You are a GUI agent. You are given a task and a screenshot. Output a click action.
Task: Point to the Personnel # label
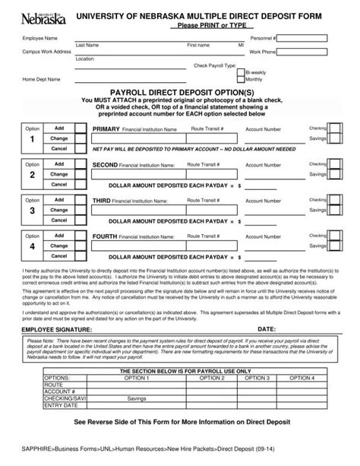[x=262, y=37]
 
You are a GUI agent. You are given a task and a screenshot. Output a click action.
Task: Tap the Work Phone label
[x=262, y=52]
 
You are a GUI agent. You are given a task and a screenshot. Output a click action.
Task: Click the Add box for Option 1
[x=60, y=128]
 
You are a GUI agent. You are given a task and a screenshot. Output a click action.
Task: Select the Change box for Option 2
[x=60, y=174]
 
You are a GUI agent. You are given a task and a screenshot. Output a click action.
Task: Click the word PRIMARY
[x=106, y=129]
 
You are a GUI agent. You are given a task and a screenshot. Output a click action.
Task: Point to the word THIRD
[x=102, y=200]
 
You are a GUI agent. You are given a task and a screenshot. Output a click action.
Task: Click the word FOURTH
[x=105, y=236]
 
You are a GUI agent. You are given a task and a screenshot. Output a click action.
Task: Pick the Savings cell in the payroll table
[x=137, y=397]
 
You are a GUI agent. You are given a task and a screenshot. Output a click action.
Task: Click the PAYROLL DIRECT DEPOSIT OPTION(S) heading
[x=180, y=90]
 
